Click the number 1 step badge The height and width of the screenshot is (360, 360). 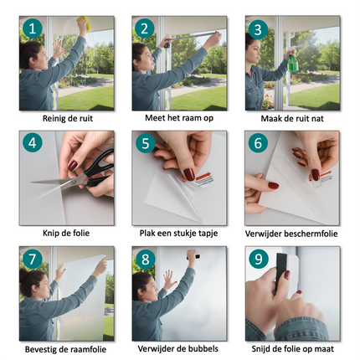(33, 28)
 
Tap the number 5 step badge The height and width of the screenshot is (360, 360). (146, 143)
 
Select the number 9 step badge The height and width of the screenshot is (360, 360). (259, 259)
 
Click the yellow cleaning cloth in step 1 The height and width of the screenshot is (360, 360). (85, 23)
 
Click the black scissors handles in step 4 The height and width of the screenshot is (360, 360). (99, 167)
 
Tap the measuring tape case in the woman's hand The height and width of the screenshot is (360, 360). (167, 44)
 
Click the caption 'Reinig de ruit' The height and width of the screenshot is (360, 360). (68, 118)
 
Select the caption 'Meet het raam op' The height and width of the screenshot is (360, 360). (179, 118)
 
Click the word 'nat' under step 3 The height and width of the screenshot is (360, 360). (317, 119)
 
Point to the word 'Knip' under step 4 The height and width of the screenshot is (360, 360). (49, 233)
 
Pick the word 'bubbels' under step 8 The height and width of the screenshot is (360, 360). (203, 348)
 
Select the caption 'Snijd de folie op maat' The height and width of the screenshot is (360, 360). (293, 349)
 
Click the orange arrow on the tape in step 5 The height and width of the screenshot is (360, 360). (204, 177)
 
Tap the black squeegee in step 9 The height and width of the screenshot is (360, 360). (282, 272)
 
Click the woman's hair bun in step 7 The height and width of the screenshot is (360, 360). (24, 275)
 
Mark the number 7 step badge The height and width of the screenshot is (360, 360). (33, 259)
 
